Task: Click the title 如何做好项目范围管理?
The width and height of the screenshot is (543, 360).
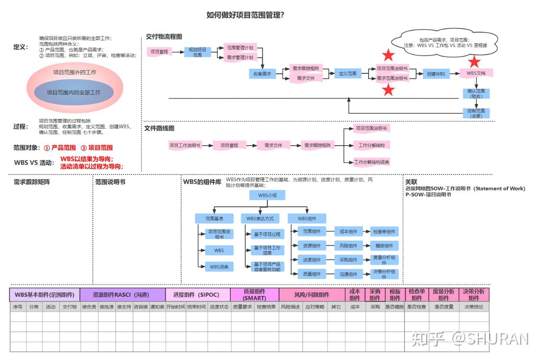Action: [x=245, y=15]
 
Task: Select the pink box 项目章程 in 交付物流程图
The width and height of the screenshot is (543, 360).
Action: [x=160, y=52]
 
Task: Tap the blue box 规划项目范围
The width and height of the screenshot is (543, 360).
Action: [x=197, y=52]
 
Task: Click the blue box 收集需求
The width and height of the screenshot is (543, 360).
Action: [x=262, y=74]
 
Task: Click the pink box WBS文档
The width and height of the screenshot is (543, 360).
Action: [x=476, y=73]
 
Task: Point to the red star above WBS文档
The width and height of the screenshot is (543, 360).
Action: [x=474, y=62]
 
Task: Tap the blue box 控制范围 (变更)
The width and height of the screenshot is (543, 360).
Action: [x=476, y=113]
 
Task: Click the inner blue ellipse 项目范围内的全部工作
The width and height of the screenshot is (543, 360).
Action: [x=74, y=92]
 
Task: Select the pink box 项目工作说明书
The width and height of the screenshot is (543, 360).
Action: [x=185, y=145]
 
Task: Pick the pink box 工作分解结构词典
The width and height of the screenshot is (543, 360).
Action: [x=372, y=162]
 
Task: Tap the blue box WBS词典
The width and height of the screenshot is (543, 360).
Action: [x=219, y=267]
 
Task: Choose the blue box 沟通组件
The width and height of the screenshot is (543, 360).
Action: [x=348, y=274]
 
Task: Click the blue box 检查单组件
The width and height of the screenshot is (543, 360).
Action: [x=384, y=232]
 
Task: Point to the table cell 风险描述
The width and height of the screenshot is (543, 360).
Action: [x=291, y=307]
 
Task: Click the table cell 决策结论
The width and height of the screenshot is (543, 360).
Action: [x=474, y=307]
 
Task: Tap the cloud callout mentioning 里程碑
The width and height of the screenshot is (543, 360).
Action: [x=445, y=42]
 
